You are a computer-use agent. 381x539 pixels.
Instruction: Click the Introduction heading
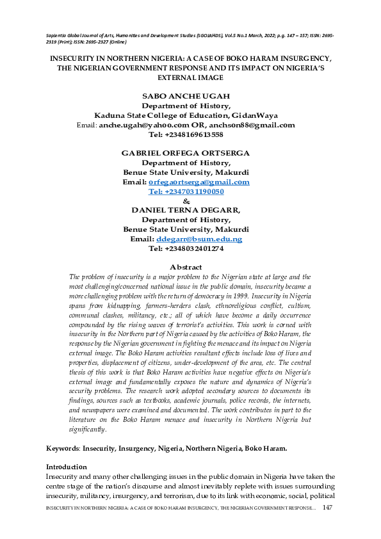[70, 467]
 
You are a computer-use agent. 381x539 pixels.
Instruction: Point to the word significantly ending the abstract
[86, 430]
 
